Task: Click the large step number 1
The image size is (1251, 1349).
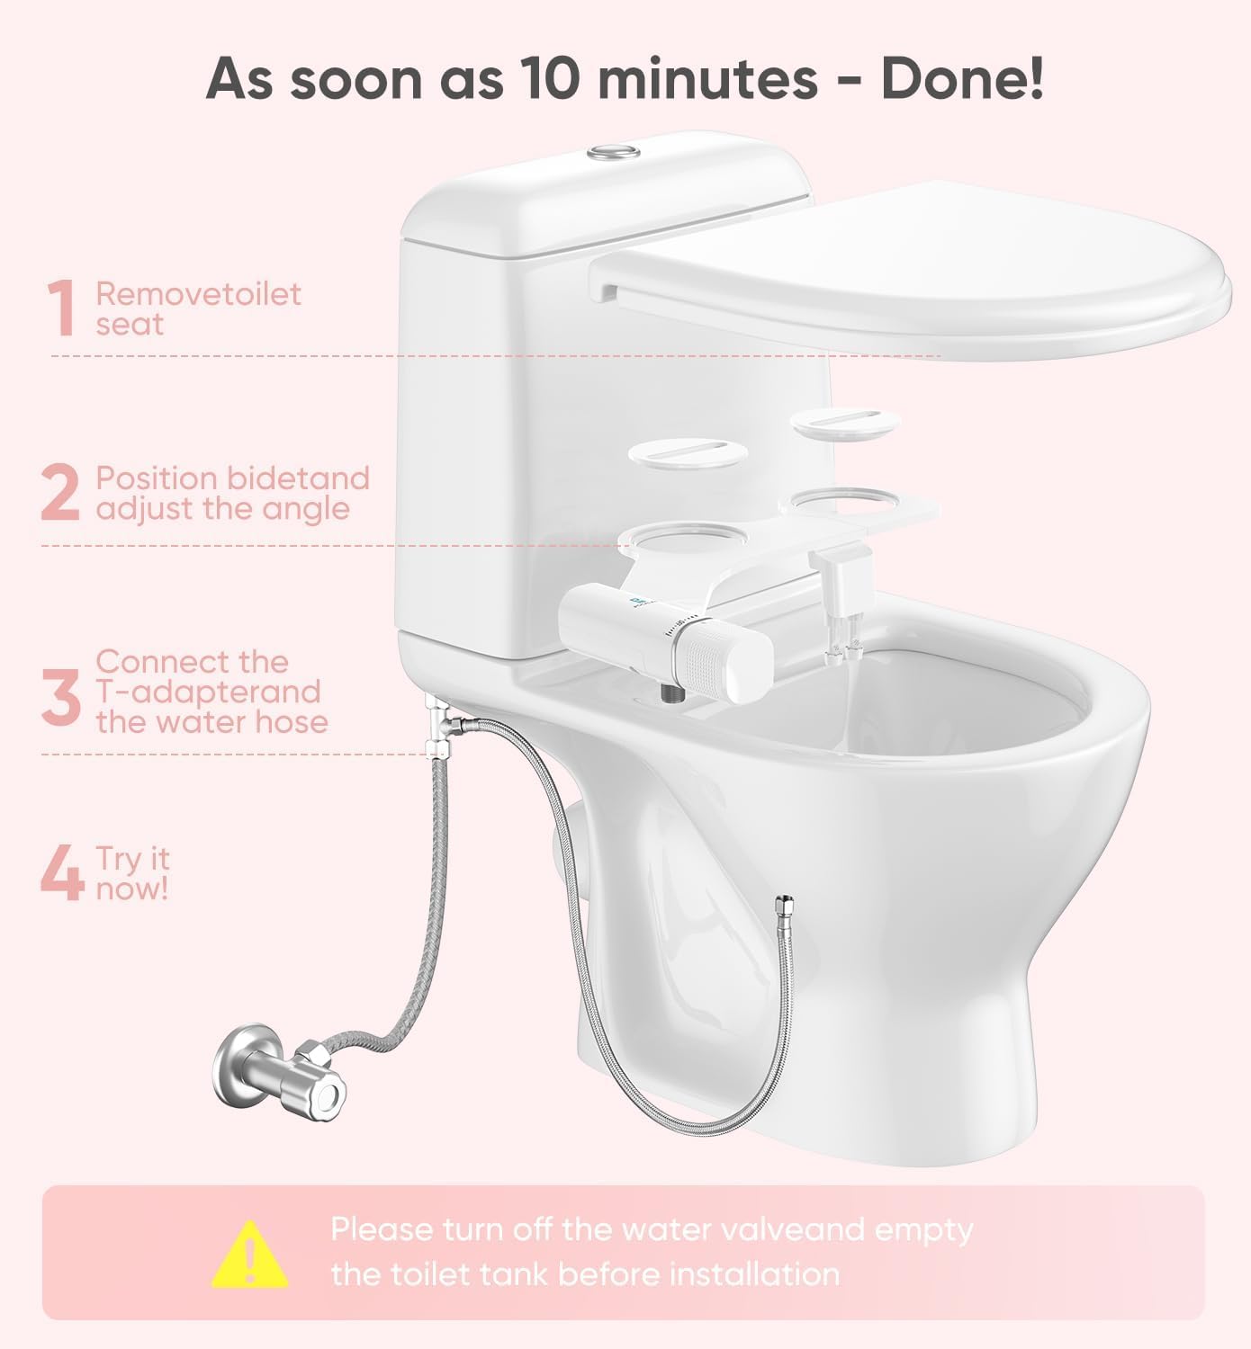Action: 61,308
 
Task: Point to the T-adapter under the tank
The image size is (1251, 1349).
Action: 439,719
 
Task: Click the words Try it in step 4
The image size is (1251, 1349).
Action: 132,858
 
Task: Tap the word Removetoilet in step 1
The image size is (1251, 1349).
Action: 198,293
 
